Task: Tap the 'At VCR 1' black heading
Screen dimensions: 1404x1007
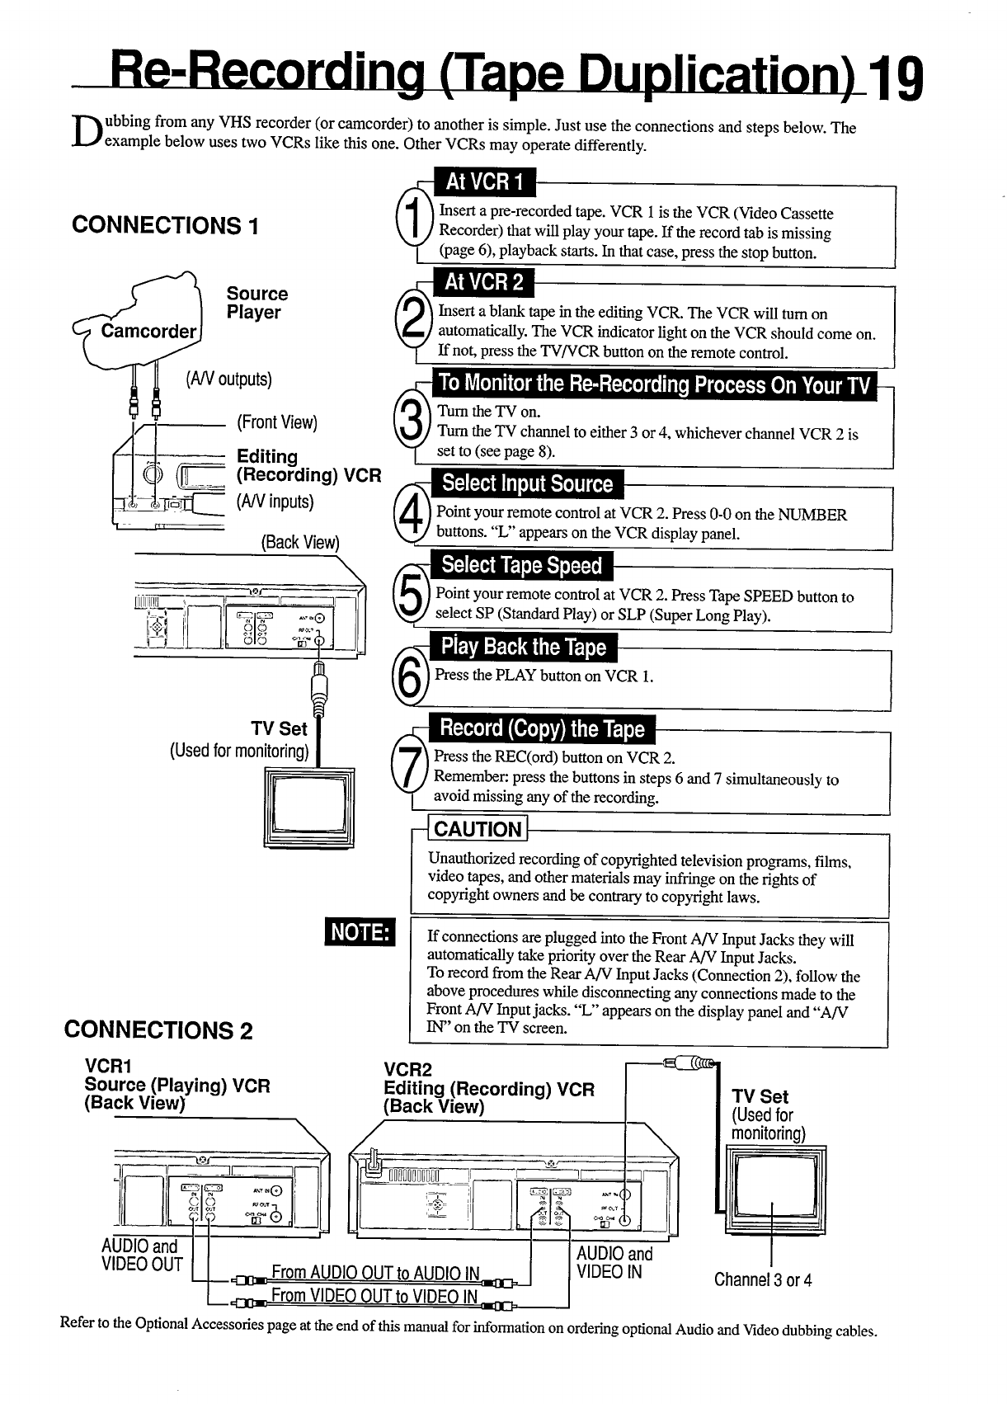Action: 485,181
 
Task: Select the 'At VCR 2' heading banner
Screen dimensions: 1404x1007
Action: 484,283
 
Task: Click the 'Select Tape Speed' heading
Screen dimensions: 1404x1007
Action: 521,566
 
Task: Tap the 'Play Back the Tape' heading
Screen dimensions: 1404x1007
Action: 524,648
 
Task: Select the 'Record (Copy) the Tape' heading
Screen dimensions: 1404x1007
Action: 542,729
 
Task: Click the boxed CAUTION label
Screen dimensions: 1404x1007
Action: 478,829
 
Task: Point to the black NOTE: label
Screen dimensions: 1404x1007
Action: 360,933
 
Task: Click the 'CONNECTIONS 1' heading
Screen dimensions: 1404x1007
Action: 165,225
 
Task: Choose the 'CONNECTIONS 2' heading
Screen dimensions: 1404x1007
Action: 158,1030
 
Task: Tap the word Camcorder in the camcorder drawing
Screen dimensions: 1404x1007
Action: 148,332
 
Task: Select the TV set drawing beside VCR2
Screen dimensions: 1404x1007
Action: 773,1190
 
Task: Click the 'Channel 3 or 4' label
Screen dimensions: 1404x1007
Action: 763,1280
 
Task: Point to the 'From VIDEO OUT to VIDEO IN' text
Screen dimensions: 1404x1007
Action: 374,1296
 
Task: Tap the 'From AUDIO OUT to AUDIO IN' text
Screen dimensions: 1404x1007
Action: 375,1273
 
